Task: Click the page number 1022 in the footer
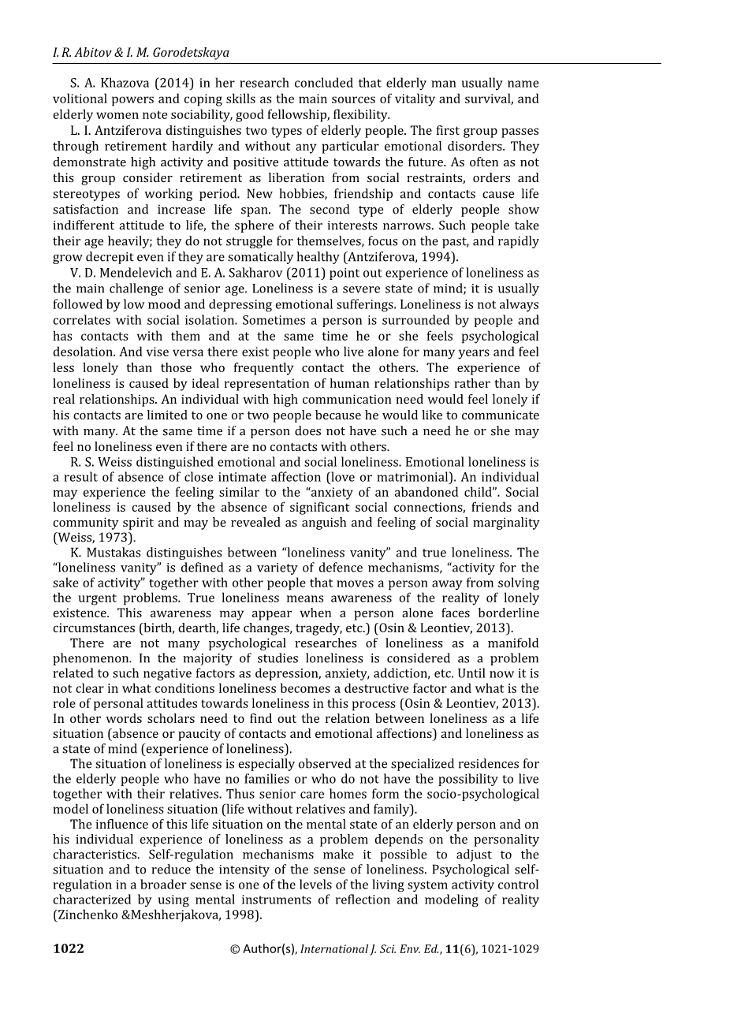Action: (69, 949)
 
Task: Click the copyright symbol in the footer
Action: (235, 949)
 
